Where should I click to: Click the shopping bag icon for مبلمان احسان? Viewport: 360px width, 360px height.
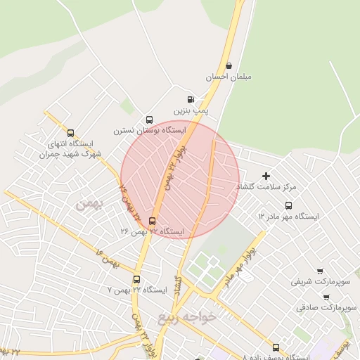pyautogui.click(x=229, y=65)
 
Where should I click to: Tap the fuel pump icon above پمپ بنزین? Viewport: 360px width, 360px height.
pyautogui.click(x=191, y=100)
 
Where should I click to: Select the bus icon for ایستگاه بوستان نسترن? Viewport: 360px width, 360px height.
pyautogui.click(x=149, y=120)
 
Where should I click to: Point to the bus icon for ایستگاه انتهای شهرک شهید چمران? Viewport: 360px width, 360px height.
pyautogui.click(x=70, y=132)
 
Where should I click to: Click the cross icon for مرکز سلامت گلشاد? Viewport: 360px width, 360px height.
pyautogui.click(x=266, y=176)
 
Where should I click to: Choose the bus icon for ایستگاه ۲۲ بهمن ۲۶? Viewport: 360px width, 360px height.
pyautogui.click(x=152, y=220)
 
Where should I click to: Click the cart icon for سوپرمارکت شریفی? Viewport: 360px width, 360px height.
pyautogui.click(x=321, y=271)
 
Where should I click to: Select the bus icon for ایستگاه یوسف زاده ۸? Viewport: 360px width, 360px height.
pyautogui.click(x=276, y=347)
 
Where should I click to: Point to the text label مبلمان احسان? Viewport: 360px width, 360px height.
pyautogui.click(x=229, y=77)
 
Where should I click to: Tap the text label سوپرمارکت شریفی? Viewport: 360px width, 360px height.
pyautogui.click(x=321, y=282)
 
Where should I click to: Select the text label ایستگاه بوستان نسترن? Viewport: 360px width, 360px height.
pyautogui.click(x=150, y=131)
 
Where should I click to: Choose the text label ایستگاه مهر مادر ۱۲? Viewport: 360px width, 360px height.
pyautogui.click(x=288, y=217)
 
